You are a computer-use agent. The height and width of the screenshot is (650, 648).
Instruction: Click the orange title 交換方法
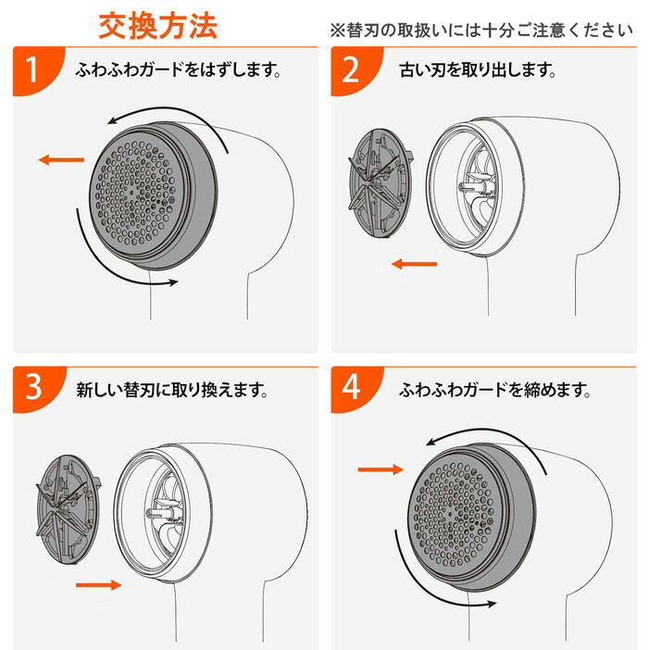(158, 24)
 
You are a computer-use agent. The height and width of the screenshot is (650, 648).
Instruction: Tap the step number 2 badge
(351, 71)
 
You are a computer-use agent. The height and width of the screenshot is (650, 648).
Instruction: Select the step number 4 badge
(351, 388)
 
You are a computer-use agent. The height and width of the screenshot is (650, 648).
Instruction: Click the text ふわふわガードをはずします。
(180, 69)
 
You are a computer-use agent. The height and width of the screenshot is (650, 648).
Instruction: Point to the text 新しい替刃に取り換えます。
(172, 390)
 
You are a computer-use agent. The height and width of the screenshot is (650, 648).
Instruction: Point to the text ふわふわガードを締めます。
(496, 390)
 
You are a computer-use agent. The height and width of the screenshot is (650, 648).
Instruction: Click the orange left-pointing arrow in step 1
(59, 160)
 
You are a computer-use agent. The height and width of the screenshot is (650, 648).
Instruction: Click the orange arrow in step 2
(413, 265)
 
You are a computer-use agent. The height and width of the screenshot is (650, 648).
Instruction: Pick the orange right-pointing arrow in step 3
(98, 585)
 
